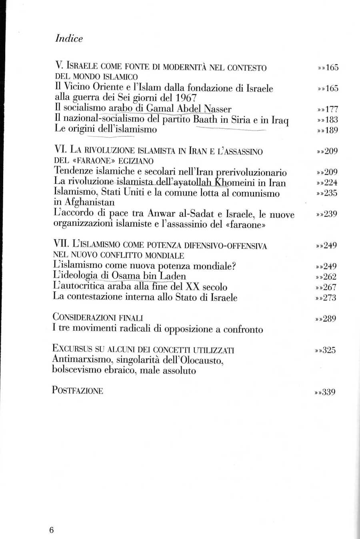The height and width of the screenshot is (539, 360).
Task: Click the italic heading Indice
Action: coord(69,38)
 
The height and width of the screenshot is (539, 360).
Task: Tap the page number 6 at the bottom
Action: coord(51,530)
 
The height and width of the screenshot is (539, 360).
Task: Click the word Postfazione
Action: coord(78,390)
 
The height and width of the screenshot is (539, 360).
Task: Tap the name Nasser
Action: coord(218,109)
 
